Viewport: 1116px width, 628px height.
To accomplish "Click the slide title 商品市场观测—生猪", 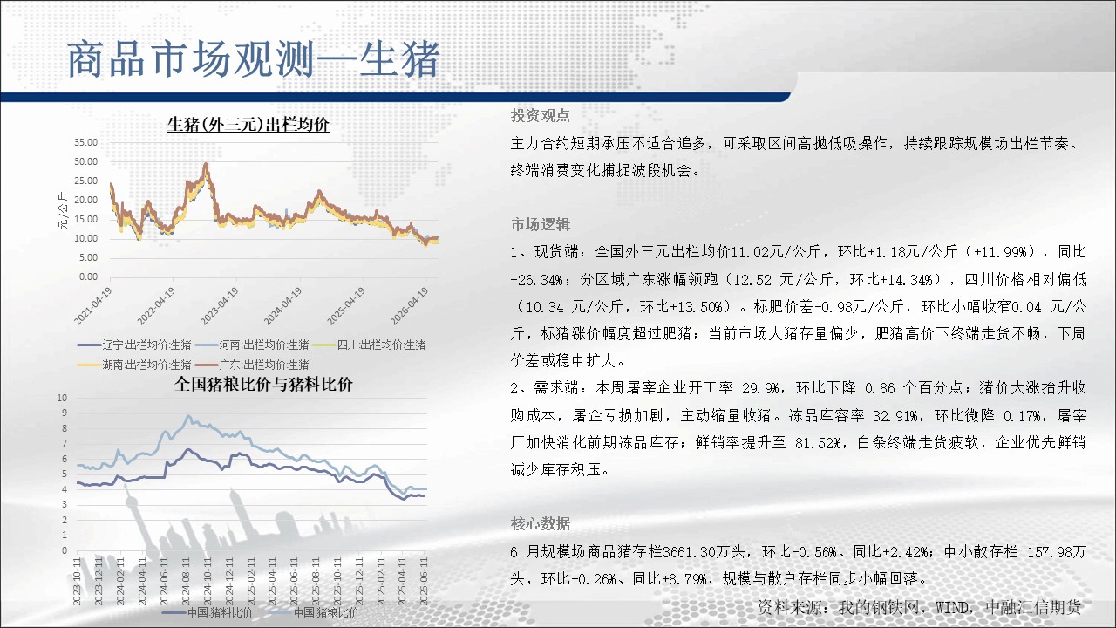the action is (253, 60).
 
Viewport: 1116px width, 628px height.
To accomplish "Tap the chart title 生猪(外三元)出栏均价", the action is (248, 125).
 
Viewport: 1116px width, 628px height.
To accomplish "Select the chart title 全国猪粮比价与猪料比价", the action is (262, 385).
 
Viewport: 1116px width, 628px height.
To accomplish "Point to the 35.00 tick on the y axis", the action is (86, 142).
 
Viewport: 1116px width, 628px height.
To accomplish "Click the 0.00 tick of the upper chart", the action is (89, 276).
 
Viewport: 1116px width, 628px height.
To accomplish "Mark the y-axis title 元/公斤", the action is (64, 210).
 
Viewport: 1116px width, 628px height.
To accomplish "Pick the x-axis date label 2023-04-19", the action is (219, 306).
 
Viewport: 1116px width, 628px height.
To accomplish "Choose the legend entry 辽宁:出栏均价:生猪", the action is (134, 345).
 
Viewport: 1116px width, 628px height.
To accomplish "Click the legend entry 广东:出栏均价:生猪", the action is (252, 365).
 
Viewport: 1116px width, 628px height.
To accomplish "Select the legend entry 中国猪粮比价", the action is (313, 612).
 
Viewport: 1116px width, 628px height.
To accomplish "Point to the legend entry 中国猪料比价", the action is (208, 612).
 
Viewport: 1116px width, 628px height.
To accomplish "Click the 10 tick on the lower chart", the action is (62, 398).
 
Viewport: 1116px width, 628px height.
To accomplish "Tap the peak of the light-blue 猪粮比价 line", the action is (187, 415).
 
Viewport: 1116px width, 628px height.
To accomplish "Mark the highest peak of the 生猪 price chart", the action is (205, 163).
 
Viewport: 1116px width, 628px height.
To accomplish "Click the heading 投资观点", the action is (540, 116).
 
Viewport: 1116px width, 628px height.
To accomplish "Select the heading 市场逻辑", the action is (540, 224).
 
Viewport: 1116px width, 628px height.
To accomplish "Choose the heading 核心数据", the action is (540, 523).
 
